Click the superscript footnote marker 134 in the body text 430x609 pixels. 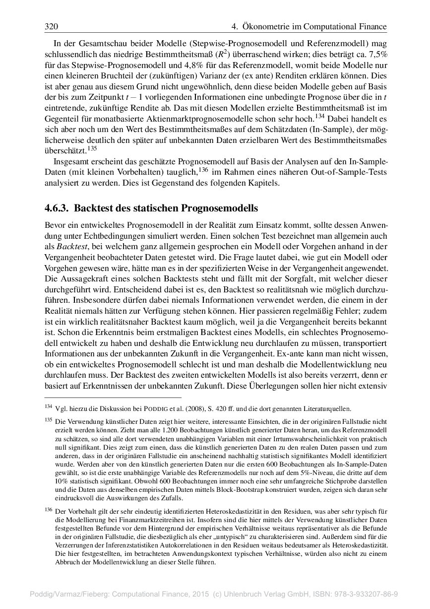coord(320,117)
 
